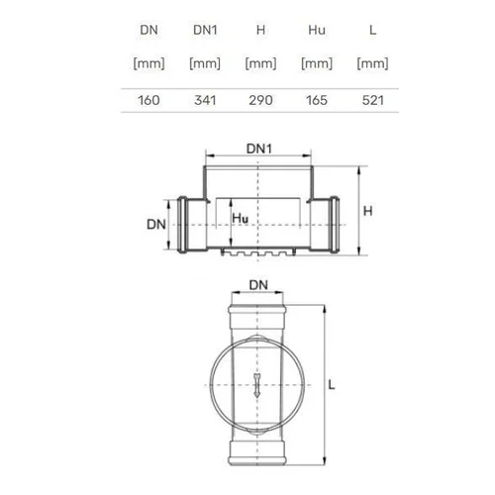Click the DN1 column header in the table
[205, 30]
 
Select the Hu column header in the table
[317, 30]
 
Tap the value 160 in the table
[148, 100]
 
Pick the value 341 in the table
[205, 100]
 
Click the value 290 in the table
[260, 100]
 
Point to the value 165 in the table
[317, 100]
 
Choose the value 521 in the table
[373, 100]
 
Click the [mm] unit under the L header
[372, 63]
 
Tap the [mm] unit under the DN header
[148, 63]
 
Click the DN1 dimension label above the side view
[259, 148]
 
